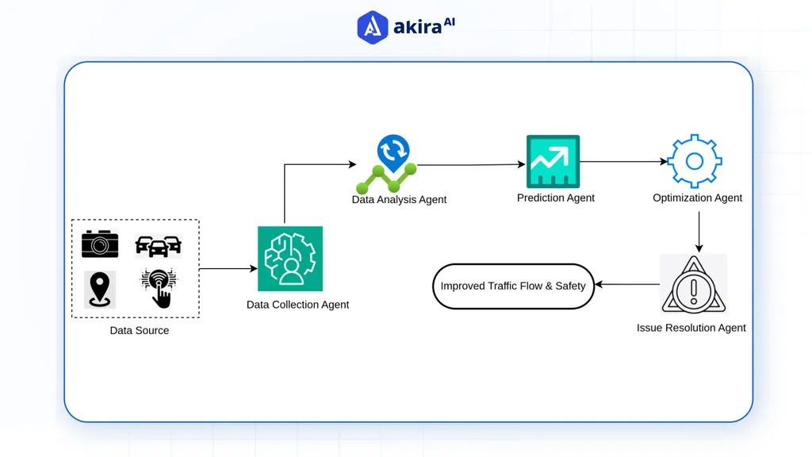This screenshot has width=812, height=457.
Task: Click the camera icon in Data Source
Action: [x=100, y=244]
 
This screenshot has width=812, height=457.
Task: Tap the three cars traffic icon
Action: [x=159, y=246]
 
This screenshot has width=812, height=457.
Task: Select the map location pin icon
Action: [x=100, y=289]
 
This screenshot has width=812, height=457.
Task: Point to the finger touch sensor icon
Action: [x=159, y=288]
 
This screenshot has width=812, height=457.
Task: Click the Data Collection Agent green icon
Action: [x=290, y=259]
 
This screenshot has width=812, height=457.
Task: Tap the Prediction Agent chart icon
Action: [x=553, y=161]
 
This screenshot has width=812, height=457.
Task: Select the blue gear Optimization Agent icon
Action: [x=695, y=161]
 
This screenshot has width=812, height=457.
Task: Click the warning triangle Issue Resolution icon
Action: [x=693, y=284]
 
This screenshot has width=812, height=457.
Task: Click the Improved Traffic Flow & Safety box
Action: [x=513, y=286]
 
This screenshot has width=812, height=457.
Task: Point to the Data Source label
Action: [x=140, y=331]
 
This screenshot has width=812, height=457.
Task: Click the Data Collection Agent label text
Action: [x=298, y=305]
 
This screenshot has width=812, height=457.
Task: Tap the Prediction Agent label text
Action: [x=556, y=198]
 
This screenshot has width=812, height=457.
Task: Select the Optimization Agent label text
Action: [x=698, y=198]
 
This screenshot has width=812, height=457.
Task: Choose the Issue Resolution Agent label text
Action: [x=691, y=328]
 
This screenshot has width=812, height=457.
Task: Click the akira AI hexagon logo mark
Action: [x=373, y=28]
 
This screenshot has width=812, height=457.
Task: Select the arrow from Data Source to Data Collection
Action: [x=228, y=268]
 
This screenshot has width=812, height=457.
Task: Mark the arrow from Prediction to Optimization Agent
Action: [x=623, y=162]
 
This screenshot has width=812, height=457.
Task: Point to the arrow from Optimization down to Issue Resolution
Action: [x=699, y=232]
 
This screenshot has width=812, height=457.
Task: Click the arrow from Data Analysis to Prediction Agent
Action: [x=471, y=165]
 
